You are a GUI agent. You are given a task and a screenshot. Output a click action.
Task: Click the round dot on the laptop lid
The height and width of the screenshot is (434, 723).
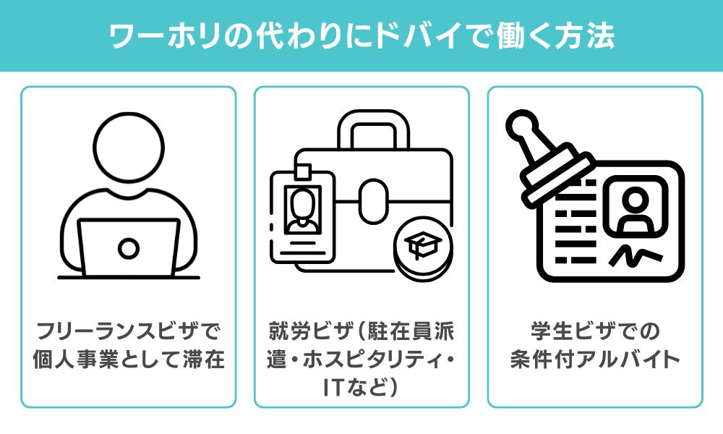tap(129, 248)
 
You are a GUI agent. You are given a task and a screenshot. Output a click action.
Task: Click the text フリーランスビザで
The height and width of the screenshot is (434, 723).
tap(128, 332)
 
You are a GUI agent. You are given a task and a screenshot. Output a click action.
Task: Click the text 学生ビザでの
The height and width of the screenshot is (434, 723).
tap(594, 332)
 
